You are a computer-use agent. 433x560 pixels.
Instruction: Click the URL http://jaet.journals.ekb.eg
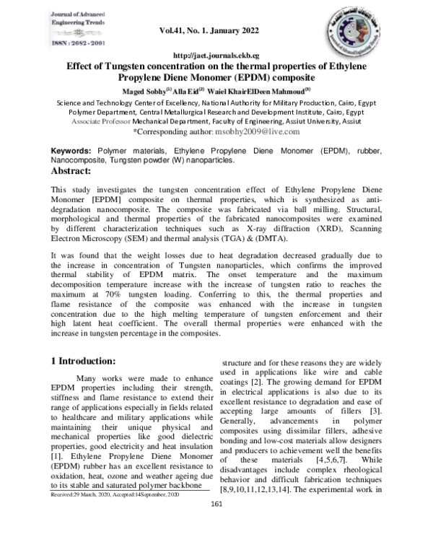(x=216, y=56)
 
